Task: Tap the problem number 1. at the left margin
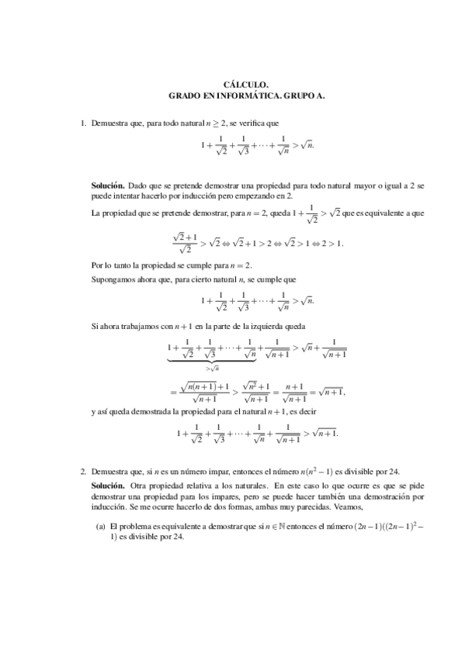point(84,123)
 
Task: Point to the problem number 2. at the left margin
point(84,471)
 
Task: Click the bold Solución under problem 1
point(108,186)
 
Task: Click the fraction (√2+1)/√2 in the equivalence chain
point(184,243)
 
